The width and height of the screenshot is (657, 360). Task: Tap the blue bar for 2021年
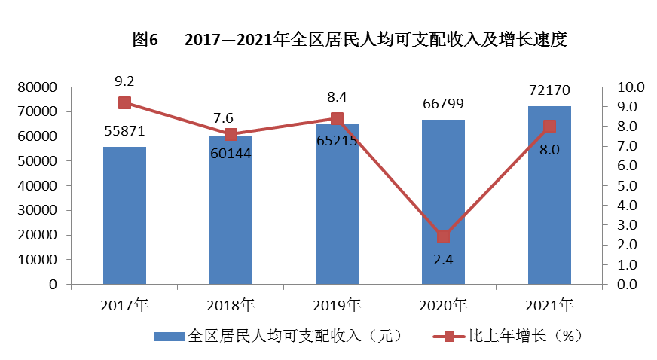tap(549, 195)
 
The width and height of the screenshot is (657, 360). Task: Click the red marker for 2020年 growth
tap(443, 236)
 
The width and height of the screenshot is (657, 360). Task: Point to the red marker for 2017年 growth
tap(124, 103)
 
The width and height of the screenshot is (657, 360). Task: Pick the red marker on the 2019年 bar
tap(337, 119)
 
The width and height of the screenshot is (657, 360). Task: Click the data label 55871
tap(124, 131)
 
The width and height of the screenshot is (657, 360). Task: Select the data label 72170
tap(549, 90)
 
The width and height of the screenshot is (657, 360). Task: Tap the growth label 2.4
tap(443, 260)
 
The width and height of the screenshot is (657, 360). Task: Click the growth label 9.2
tap(124, 80)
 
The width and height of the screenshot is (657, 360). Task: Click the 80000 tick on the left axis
tap(38, 87)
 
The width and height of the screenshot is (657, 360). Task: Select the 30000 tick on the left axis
tap(38, 211)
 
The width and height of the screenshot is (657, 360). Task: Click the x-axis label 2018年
tap(231, 306)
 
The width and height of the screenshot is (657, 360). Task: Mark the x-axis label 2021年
tap(549, 306)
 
